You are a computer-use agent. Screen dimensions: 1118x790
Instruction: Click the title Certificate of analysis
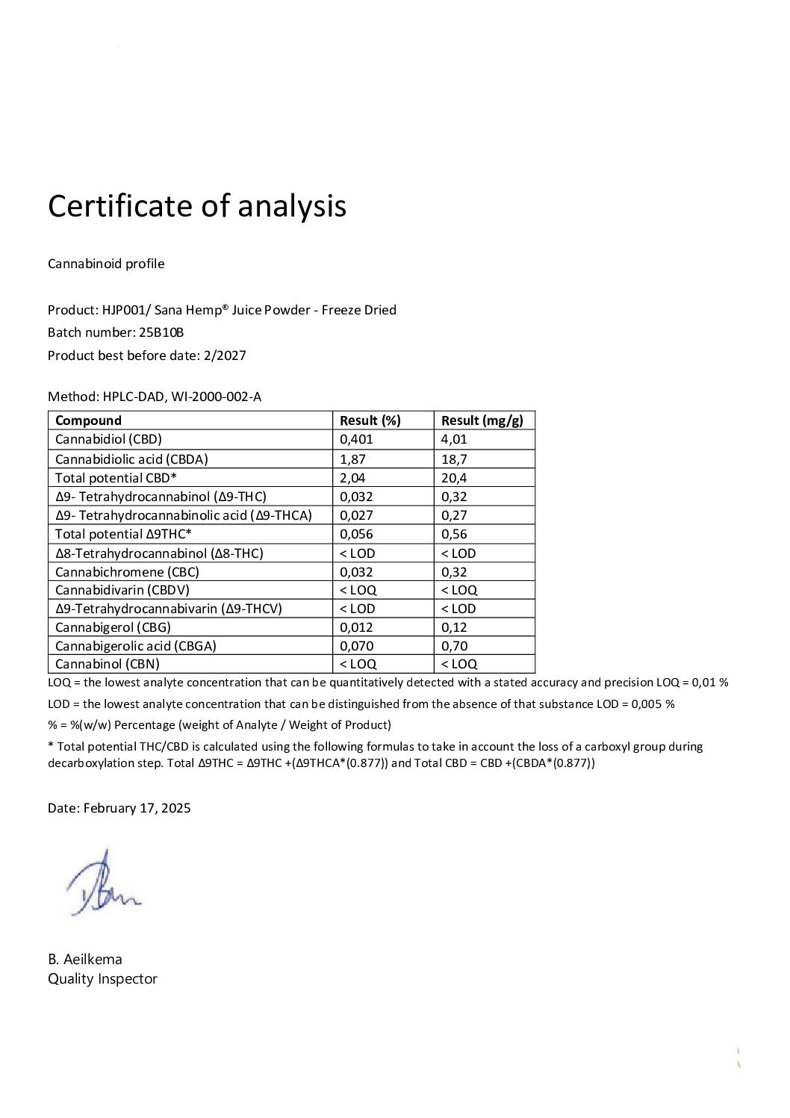pyautogui.click(x=197, y=206)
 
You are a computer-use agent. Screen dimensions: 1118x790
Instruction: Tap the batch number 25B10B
pyautogui.click(x=161, y=332)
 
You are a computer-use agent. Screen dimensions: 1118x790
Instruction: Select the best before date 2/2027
pyautogui.click(x=225, y=355)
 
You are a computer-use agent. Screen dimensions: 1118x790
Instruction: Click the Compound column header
pyautogui.click(x=88, y=420)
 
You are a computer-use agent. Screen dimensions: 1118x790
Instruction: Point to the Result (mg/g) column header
pyautogui.click(x=482, y=420)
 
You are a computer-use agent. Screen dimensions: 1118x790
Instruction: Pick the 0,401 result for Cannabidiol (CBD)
pyautogui.click(x=356, y=439)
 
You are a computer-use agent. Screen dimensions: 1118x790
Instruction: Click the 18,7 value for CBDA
pyautogui.click(x=454, y=459)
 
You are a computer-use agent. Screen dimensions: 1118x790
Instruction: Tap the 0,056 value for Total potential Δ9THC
pyautogui.click(x=356, y=534)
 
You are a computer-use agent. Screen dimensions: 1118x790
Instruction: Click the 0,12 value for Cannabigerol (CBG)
pyautogui.click(x=454, y=627)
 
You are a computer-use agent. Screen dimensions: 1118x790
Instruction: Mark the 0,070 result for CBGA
pyautogui.click(x=356, y=646)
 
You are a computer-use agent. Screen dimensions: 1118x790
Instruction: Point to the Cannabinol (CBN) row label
pyautogui.click(x=108, y=664)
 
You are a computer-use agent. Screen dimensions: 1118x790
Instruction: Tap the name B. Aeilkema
pyautogui.click(x=85, y=959)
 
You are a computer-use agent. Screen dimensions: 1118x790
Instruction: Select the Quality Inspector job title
pyautogui.click(x=102, y=978)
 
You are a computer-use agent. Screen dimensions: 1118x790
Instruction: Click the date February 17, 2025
pyautogui.click(x=137, y=808)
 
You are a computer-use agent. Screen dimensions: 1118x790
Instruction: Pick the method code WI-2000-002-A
pyautogui.click(x=217, y=397)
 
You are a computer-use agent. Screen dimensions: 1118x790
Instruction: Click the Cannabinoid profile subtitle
pyautogui.click(x=106, y=264)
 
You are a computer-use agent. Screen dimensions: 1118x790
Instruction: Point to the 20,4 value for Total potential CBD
pyautogui.click(x=454, y=478)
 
